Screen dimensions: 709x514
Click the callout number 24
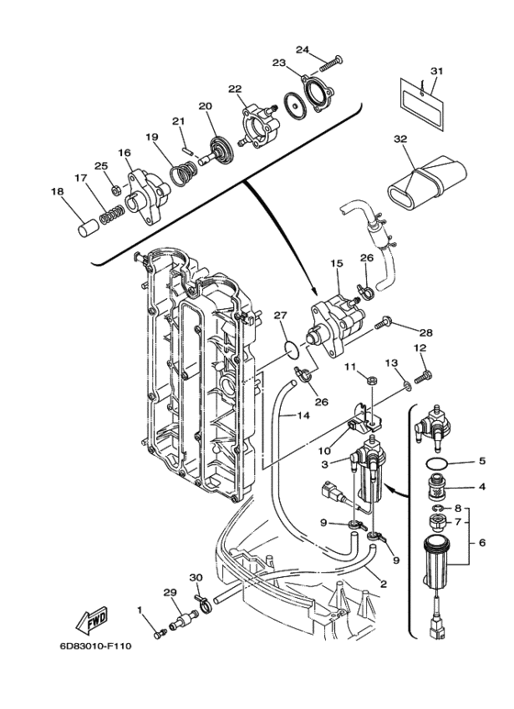pyautogui.click(x=303, y=50)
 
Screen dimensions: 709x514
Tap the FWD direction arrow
pyautogui.click(x=94, y=625)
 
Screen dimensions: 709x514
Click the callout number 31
pyautogui.click(x=436, y=72)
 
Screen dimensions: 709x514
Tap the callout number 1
pyautogui.click(x=141, y=609)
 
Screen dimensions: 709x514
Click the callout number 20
pyautogui.click(x=206, y=105)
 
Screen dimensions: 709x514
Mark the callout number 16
pyautogui.click(x=124, y=153)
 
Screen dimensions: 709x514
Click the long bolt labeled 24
pyautogui.click(x=330, y=63)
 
